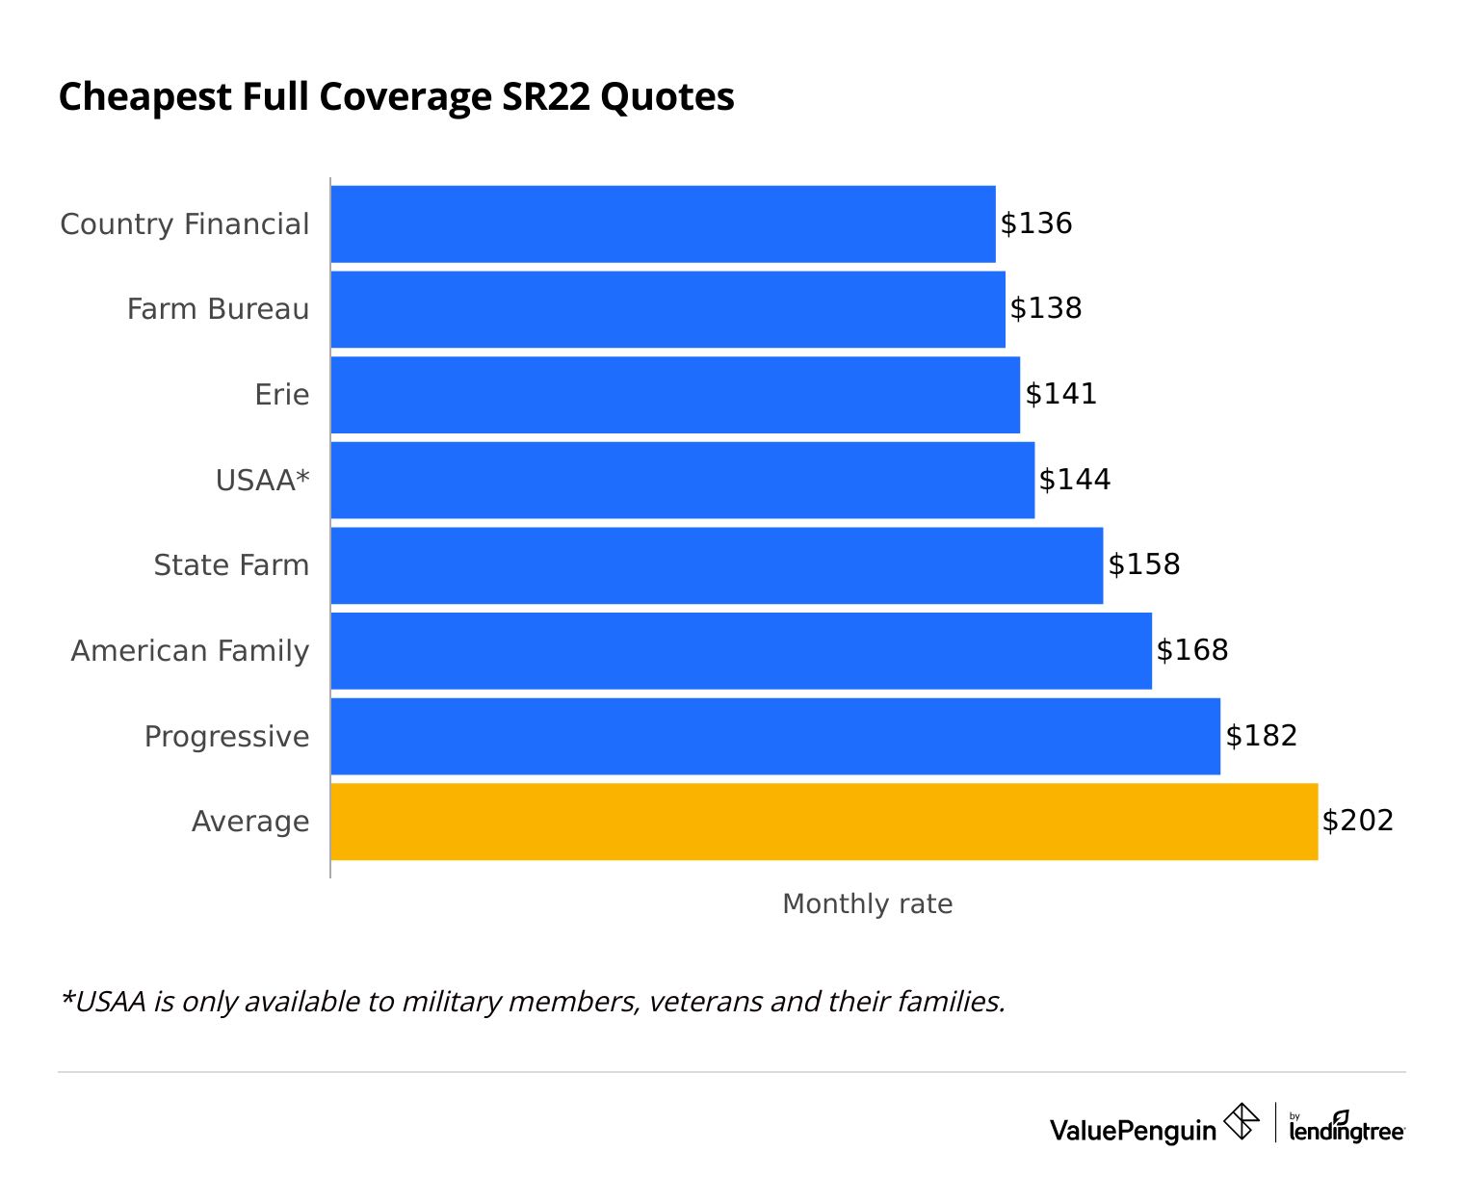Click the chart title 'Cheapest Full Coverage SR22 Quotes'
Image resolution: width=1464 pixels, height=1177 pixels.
click(396, 97)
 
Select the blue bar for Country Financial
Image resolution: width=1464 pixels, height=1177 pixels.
click(663, 223)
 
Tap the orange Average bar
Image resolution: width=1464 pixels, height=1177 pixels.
click(823, 822)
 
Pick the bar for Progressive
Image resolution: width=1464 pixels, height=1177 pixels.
click(775, 736)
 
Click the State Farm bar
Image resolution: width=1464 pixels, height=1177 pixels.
click(717, 565)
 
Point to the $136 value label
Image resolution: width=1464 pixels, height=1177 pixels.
click(1036, 223)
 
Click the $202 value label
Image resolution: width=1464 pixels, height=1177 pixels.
click(1358, 821)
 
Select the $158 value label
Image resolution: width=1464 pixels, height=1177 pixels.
click(1144, 564)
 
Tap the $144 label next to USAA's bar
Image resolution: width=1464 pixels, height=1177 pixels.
click(1075, 480)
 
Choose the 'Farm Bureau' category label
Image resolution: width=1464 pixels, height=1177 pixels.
click(218, 309)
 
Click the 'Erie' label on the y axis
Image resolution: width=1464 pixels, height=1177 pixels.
click(281, 395)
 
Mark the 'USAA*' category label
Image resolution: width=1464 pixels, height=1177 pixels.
click(262, 480)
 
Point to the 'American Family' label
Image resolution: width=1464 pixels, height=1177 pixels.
click(190, 651)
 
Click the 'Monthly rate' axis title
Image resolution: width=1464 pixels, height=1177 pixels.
click(867, 904)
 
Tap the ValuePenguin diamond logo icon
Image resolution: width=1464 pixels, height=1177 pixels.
click(1241, 1122)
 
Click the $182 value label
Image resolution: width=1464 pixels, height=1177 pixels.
click(1262, 736)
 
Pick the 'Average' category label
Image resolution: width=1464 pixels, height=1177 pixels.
click(250, 822)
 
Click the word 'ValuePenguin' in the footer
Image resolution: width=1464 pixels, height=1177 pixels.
click(1133, 1130)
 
